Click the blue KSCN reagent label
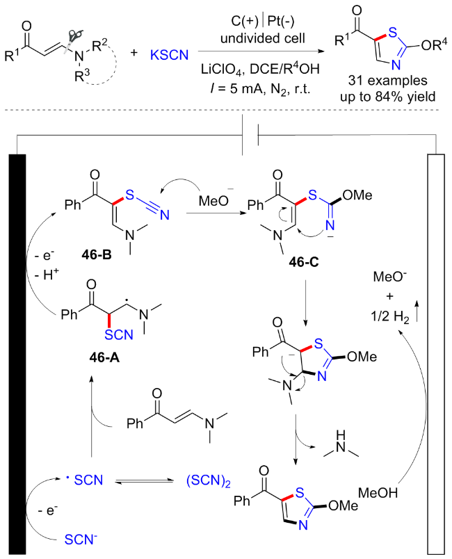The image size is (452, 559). [170, 51]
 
